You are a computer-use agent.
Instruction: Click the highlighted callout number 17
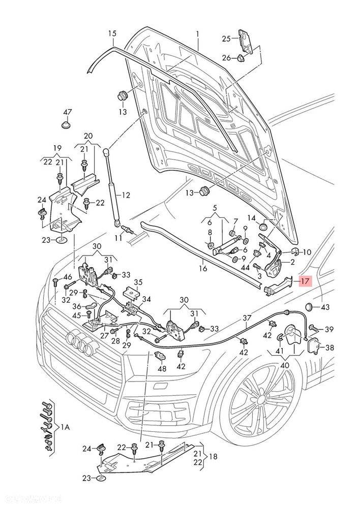305,281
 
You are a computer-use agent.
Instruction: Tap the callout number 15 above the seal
112,34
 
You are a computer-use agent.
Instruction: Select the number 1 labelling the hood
197,34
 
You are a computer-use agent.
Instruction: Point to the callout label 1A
65,427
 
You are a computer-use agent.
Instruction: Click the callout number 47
67,112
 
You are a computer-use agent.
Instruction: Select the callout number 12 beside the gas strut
126,195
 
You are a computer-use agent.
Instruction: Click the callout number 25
226,39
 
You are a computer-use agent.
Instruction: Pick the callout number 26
226,58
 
